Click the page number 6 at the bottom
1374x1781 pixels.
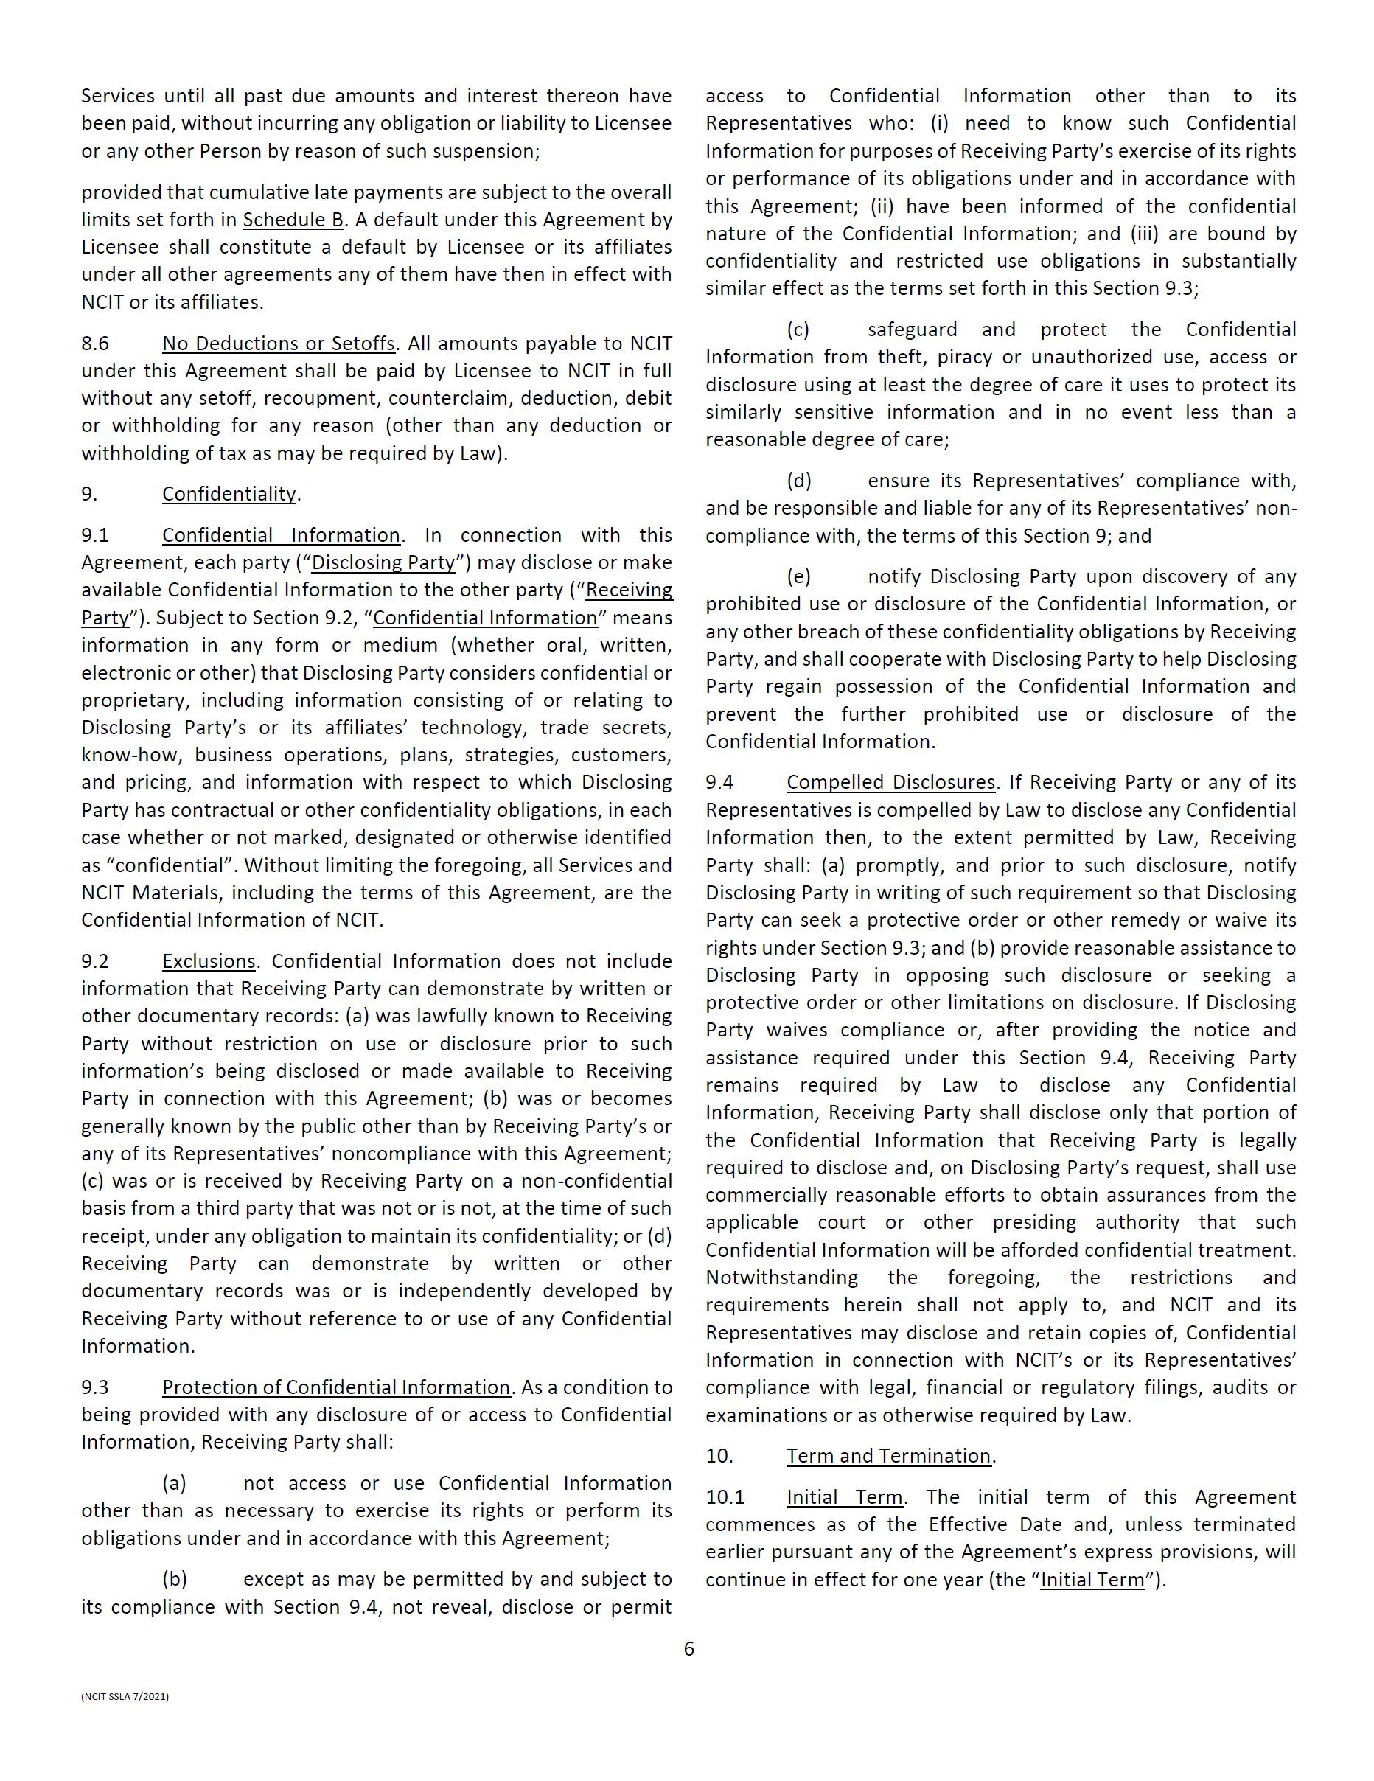688,1649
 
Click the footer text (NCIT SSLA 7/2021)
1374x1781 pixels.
125,1696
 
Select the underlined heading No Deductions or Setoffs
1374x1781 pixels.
278,344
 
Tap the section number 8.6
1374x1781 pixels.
94,344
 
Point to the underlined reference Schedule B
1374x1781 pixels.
293,220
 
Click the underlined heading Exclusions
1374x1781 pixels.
209,961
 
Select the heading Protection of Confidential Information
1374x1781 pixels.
336,1387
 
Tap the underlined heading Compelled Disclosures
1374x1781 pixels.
890,782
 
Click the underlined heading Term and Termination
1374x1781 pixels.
888,1456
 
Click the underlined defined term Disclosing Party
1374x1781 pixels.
383,562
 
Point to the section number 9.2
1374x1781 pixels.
94,961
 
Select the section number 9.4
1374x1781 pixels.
719,782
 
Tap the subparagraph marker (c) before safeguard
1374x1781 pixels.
798,330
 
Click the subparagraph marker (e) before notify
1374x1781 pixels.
798,576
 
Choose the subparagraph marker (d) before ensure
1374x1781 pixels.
798,481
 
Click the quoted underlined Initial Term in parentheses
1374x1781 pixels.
1092,1580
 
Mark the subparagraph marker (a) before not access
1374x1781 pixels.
174,1482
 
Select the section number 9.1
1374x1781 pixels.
94,535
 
